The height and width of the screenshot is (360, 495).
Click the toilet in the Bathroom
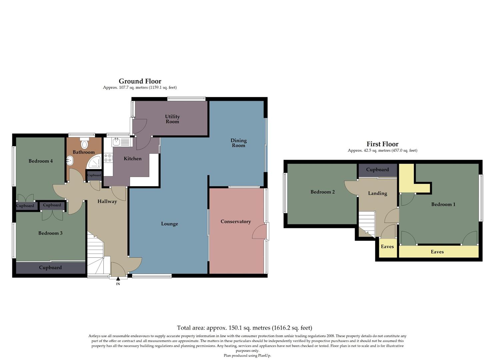[85, 144]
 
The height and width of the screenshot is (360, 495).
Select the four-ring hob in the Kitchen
[108, 158]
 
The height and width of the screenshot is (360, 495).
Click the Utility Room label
[172, 119]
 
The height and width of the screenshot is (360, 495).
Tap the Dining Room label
[239, 143]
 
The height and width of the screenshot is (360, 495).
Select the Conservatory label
[235, 221]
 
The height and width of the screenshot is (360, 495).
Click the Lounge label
[169, 224]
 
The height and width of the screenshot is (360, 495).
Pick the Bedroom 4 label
[41, 161]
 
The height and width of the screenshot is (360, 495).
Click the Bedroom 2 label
[322, 192]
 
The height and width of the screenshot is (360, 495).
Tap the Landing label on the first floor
[377, 193]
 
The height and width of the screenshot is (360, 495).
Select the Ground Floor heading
[140, 81]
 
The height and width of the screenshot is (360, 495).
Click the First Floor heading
[382, 144]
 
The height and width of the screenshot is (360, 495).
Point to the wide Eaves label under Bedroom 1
[437, 252]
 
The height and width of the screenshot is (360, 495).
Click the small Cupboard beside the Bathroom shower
[94, 175]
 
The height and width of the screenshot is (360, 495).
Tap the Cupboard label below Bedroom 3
[50, 267]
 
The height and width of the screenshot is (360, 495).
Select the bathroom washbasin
[70, 161]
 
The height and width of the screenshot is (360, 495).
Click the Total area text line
[244, 328]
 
